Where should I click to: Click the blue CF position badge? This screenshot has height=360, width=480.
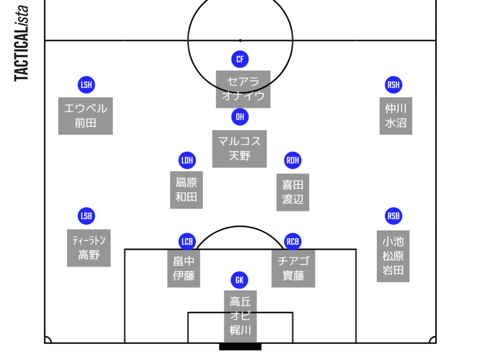click(x=240, y=60)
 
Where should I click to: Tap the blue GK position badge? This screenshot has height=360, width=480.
click(x=240, y=280)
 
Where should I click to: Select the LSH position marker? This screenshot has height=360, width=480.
click(x=86, y=85)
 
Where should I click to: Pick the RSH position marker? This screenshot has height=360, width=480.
click(x=394, y=85)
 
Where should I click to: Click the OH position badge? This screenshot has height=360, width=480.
click(x=240, y=117)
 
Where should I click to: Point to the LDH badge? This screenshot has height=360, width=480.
click(x=187, y=161)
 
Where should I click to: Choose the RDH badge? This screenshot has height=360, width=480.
click(x=293, y=161)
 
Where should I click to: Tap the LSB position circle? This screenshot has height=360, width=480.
click(x=86, y=216)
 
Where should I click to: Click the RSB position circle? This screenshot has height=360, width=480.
click(x=394, y=216)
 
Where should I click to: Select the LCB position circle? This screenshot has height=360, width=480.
click(x=187, y=242)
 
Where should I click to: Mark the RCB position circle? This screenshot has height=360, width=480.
click(x=293, y=242)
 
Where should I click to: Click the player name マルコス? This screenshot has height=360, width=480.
click(x=240, y=141)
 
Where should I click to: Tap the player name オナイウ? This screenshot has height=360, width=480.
click(x=243, y=96)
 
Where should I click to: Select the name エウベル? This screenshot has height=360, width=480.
click(x=86, y=108)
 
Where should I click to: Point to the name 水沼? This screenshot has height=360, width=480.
click(x=396, y=123)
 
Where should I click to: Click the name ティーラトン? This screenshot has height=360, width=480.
click(x=89, y=240)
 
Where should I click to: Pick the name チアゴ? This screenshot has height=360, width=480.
click(x=293, y=261)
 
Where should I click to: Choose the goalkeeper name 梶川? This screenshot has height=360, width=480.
click(x=240, y=330)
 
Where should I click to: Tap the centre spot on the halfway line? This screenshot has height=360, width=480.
click(x=240, y=40)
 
